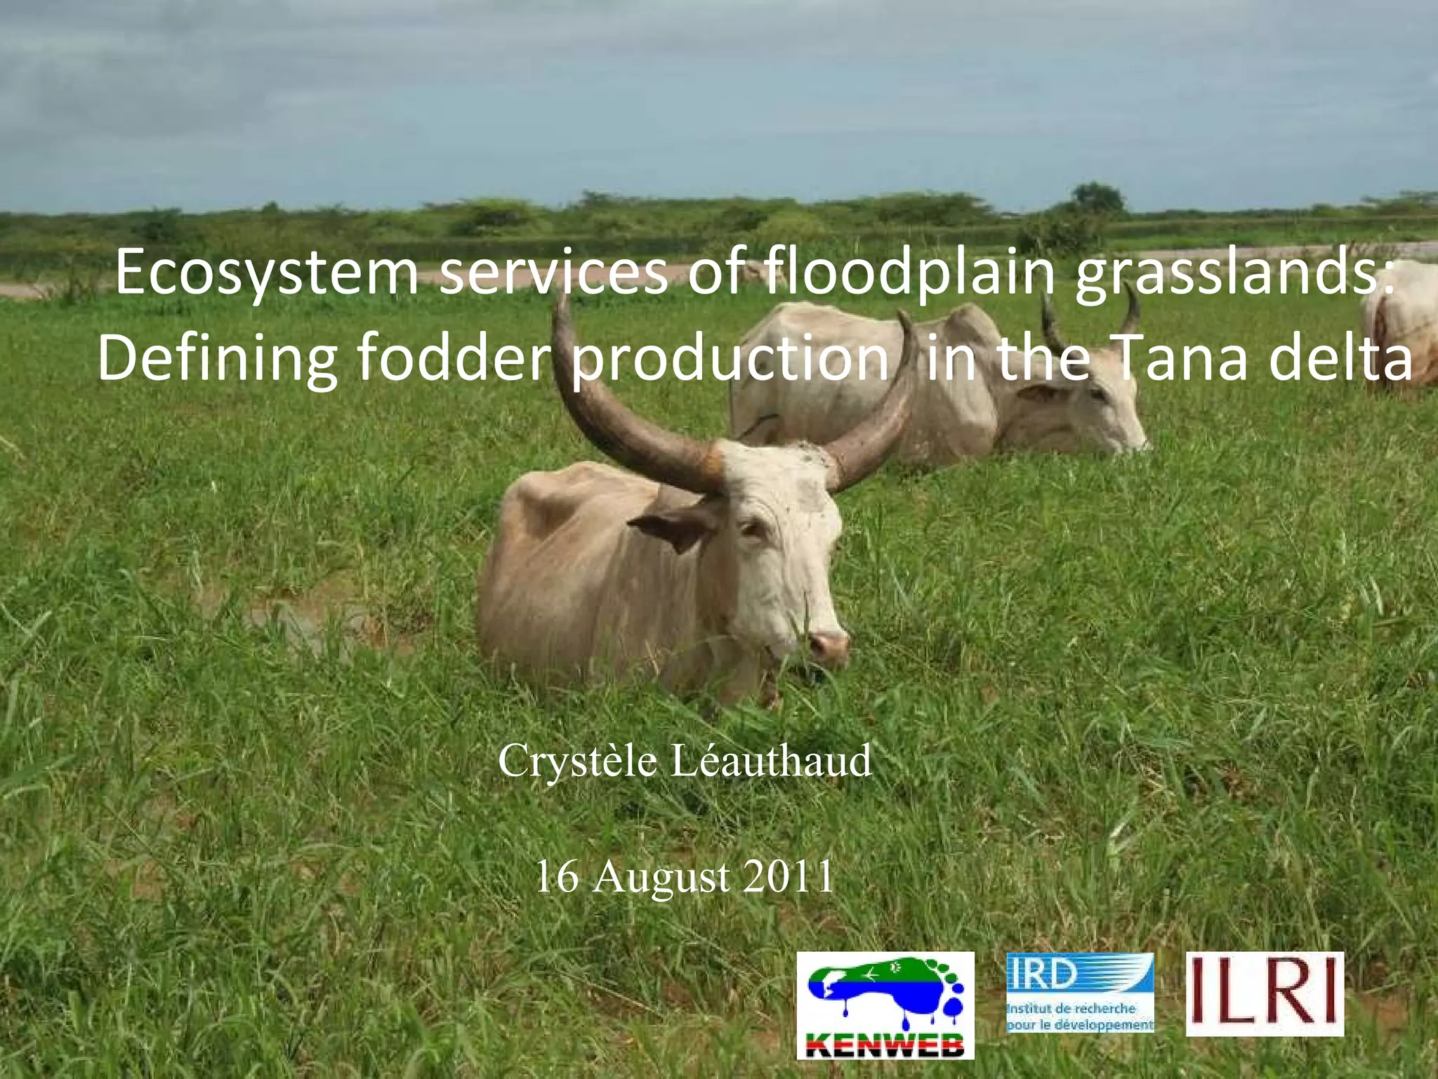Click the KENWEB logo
[885, 1005]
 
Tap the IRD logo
[1080, 992]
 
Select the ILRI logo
[1265, 993]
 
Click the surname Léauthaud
[771, 761]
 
